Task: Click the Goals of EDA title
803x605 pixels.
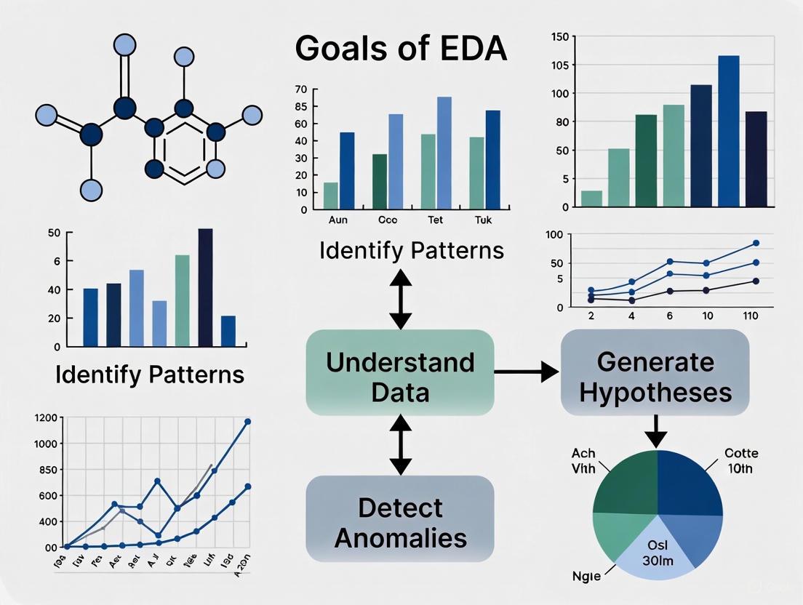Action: [401, 49]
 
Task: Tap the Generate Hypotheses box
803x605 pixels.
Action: [655, 377]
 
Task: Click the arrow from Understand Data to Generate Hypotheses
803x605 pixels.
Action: [526, 372]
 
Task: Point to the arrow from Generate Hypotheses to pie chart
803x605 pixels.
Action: [656, 430]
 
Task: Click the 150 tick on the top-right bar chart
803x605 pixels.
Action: [559, 36]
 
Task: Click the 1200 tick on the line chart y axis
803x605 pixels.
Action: [44, 418]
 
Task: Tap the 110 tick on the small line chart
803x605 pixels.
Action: [756, 316]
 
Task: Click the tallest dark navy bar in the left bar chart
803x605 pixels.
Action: [205, 287]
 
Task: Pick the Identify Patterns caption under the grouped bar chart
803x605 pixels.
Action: [411, 251]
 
